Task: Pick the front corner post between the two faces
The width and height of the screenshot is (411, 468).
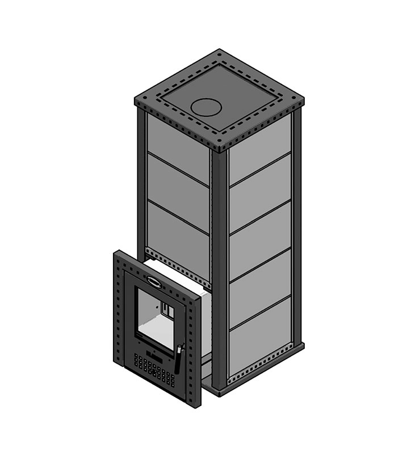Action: tap(220, 267)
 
